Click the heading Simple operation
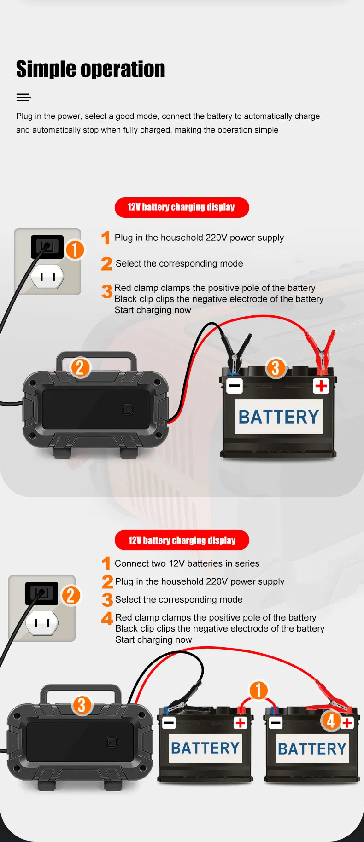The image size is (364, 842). (90, 69)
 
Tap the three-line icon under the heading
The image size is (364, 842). (23, 97)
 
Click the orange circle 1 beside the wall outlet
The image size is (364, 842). (75, 250)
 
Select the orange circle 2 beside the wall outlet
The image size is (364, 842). (71, 595)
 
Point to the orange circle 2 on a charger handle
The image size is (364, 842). (80, 367)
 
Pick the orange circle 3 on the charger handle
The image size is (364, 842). (82, 705)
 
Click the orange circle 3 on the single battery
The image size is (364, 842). (276, 368)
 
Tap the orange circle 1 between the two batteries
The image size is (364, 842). (258, 690)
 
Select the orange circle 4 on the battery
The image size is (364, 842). (331, 720)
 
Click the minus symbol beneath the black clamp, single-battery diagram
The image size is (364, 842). (235, 385)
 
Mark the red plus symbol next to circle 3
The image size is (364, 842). (321, 385)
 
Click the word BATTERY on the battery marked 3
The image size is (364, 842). (279, 417)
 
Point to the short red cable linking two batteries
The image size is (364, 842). (258, 702)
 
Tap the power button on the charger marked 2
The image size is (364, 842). (128, 409)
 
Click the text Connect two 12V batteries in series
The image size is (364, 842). (187, 563)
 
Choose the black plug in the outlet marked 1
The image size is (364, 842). (47, 247)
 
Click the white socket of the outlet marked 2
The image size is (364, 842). (42, 623)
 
